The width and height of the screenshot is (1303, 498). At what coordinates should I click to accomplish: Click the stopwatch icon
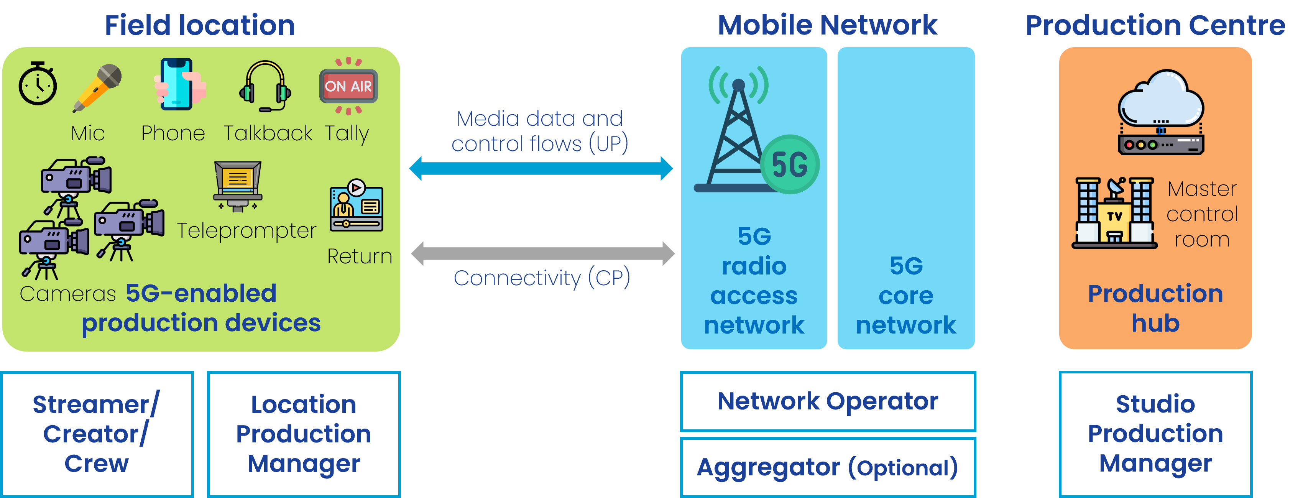[38, 84]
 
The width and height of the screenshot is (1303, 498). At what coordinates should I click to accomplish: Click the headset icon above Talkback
[265, 86]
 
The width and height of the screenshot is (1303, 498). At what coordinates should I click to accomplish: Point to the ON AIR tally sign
[348, 86]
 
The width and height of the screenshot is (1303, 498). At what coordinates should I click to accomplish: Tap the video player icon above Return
[357, 205]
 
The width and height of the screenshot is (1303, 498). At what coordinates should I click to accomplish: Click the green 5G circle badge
[790, 164]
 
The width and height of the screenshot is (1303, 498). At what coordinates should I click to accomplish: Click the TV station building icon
[1115, 213]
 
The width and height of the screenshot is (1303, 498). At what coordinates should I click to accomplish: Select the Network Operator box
[828, 401]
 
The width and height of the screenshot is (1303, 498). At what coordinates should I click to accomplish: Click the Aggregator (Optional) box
[828, 467]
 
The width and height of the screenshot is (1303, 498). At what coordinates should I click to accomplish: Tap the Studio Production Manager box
[1155, 434]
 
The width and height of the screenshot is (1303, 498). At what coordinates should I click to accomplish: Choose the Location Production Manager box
[304, 434]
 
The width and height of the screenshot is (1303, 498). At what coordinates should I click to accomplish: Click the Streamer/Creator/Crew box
[97, 434]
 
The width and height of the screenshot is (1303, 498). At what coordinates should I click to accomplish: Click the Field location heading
[200, 25]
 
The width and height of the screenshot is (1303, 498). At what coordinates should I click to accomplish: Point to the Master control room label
[1202, 214]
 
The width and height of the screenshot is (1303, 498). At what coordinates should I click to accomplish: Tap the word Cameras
[68, 294]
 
